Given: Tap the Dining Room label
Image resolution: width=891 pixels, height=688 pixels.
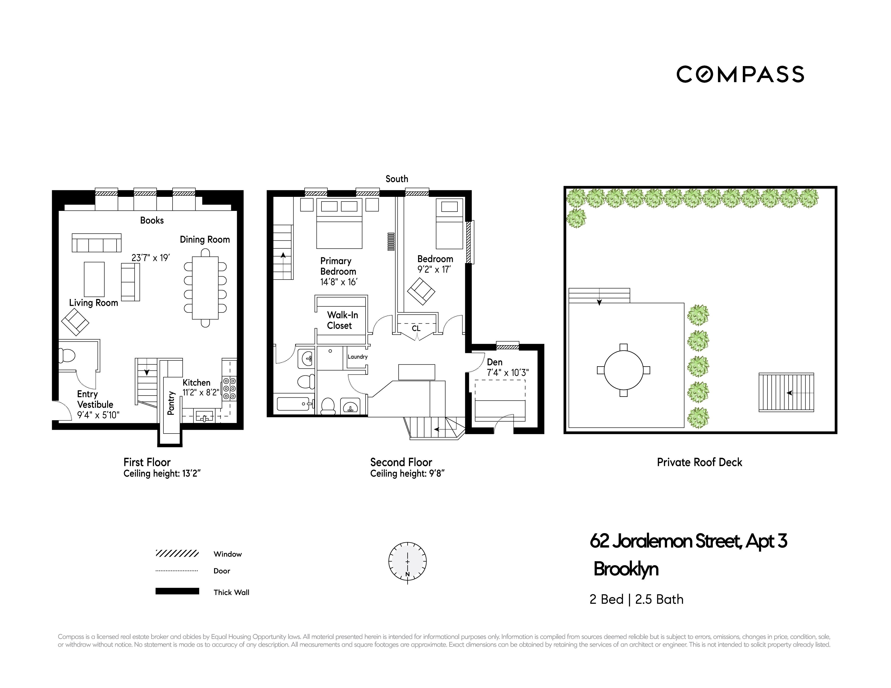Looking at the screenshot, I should [x=205, y=239].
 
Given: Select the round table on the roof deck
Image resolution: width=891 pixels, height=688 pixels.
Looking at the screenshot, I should [x=623, y=370].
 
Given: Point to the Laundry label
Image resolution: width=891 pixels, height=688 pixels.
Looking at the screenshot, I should [x=357, y=357].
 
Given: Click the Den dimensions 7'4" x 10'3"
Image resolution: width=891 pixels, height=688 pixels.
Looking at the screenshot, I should [x=507, y=372].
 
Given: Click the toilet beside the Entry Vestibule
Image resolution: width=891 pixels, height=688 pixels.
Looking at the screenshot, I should [x=67, y=355].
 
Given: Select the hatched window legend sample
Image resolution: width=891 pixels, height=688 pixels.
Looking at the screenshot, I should [x=177, y=553].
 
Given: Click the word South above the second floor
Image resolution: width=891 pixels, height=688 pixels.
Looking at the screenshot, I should [x=396, y=179].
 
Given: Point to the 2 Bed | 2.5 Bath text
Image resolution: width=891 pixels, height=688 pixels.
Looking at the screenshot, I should [x=636, y=599].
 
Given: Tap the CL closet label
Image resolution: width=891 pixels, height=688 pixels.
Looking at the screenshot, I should [x=416, y=328].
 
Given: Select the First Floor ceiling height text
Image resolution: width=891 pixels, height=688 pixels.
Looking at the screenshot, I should [x=162, y=474].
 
